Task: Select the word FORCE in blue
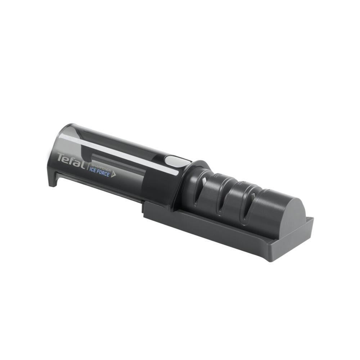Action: coord(103,174)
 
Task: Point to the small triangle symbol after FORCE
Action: coord(113,175)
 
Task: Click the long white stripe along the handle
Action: coord(120,153)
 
